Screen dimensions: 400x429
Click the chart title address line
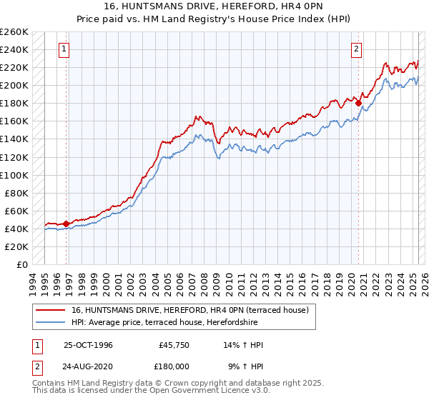tap(214, 6)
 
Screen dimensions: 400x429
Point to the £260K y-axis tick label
tap(14, 32)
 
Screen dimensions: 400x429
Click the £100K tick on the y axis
tap(14, 175)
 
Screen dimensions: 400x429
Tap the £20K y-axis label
tap(16, 246)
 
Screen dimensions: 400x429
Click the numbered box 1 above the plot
tap(64, 49)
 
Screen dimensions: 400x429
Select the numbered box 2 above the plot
tap(356, 49)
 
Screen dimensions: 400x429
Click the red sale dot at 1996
tap(66, 224)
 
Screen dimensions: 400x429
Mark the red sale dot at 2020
tap(359, 103)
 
